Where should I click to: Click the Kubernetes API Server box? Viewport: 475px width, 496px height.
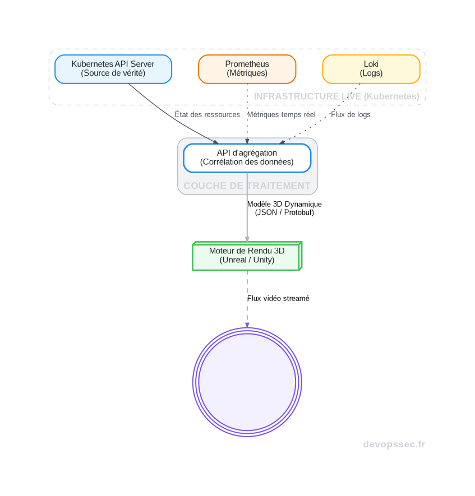113,69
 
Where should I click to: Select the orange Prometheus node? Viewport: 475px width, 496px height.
247,69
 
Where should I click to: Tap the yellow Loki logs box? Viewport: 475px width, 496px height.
371,69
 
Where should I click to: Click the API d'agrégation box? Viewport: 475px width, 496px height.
247,157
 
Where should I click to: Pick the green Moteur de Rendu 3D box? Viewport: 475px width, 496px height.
247,256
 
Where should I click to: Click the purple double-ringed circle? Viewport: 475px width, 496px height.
247,382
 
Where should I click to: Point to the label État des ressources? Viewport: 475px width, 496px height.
207,114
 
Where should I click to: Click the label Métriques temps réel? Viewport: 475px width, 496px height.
282,114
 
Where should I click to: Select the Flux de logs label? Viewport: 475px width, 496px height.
351,114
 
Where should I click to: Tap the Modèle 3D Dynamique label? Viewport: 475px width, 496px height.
284,204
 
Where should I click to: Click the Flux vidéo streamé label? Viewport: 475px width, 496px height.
278,298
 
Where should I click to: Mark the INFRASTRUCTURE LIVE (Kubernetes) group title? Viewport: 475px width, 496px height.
336,96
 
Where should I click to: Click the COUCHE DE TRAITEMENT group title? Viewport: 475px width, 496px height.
247,186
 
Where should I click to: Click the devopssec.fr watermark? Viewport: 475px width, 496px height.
394,444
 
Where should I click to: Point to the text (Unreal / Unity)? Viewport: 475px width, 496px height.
247,260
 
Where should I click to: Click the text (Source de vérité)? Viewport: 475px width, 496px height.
113,73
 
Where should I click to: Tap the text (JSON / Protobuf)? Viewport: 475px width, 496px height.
284,212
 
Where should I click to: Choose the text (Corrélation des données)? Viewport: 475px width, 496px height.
247,162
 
